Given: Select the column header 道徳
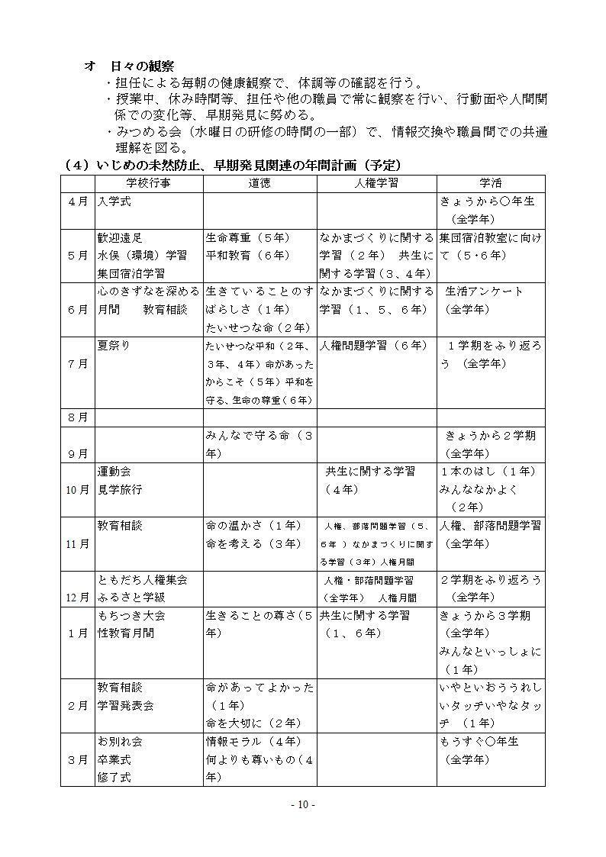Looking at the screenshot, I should click(x=259, y=183).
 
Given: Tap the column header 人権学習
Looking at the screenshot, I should click(x=376, y=183).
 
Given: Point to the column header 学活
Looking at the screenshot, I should click(x=490, y=183).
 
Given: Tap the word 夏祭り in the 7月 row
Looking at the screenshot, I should click(x=114, y=346).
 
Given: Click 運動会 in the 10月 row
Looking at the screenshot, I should click(x=114, y=472).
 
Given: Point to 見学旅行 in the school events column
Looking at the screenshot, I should click(x=120, y=489).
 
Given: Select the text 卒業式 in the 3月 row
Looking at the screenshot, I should click(x=114, y=759).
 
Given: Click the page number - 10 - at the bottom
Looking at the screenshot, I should click(x=303, y=805).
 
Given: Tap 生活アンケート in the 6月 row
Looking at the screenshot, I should click(x=485, y=292).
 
